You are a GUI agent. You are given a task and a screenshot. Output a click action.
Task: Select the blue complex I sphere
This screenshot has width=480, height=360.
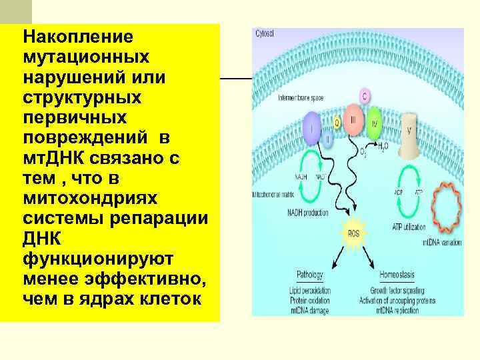311,129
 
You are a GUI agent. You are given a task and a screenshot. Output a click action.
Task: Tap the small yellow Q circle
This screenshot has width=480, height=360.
337,123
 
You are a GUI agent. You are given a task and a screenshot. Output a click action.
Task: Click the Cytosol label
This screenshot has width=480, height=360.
265,33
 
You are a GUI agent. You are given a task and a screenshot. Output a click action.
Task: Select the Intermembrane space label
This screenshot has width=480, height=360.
301,98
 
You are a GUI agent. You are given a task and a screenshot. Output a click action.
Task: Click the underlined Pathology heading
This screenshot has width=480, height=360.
311,274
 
